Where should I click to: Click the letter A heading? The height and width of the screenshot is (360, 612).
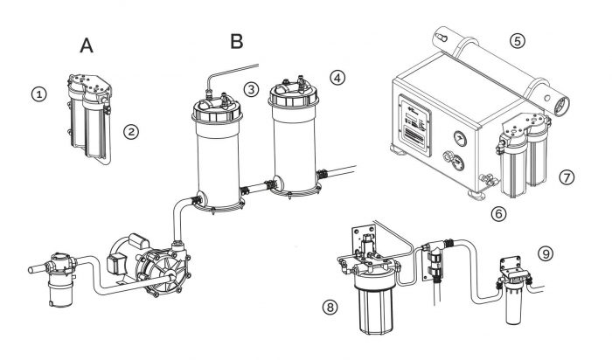[x=87, y=45]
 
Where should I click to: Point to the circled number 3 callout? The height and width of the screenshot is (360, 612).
[x=251, y=88]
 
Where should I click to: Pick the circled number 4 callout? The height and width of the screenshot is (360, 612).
[x=337, y=78]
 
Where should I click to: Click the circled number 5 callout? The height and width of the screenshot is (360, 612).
[x=518, y=40]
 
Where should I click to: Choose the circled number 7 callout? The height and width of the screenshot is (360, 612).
[x=567, y=177]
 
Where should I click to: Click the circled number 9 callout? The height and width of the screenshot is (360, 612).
[x=546, y=254]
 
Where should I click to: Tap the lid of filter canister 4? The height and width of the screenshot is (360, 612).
[x=292, y=95]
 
